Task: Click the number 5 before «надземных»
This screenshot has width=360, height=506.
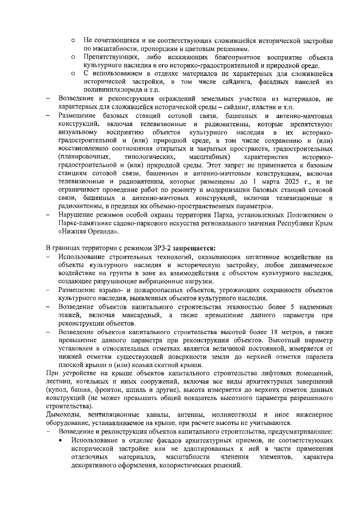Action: coord(292,307)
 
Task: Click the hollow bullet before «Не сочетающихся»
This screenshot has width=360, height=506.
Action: coord(73,41)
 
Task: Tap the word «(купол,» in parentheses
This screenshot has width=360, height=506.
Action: coord(57,390)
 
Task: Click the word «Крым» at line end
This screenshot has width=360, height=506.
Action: coord(325,223)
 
